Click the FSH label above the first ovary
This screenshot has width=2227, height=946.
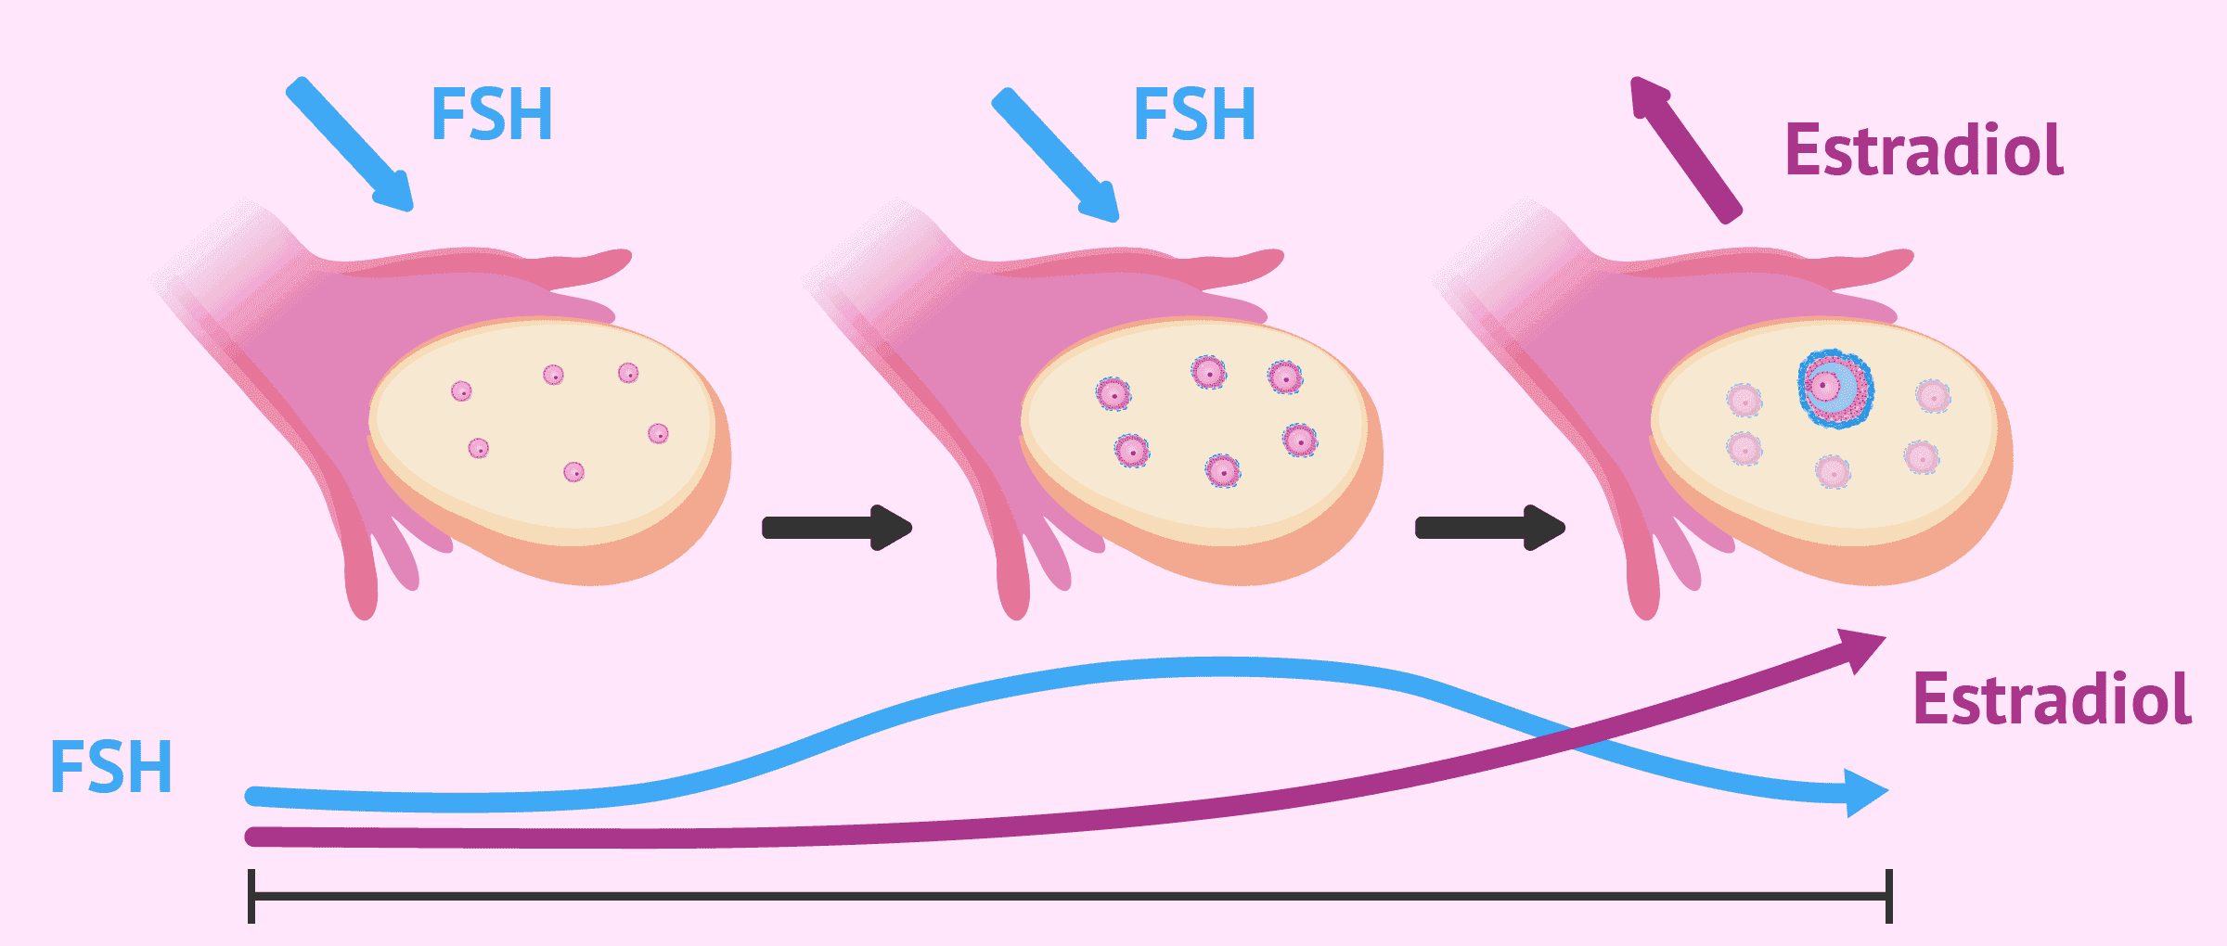(492, 114)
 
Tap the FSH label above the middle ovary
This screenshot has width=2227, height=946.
(1195, 114)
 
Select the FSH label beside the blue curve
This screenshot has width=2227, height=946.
(111, 767)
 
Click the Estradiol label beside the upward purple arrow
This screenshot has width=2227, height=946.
(1924, 149)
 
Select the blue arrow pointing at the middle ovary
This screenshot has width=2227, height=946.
(1056, 155)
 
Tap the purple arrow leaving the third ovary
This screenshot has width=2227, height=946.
(1686, 149)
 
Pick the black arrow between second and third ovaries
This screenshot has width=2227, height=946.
(1490, 528)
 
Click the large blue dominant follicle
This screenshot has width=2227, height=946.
(1835, 389)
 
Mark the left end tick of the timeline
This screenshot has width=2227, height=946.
(251, 896)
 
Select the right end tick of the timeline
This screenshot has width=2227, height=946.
(1888, 896)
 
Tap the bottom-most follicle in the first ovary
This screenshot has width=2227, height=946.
(574, 472)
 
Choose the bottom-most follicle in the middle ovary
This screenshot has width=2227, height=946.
(1223, 471)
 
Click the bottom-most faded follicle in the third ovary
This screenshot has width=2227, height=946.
(1834, 472)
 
